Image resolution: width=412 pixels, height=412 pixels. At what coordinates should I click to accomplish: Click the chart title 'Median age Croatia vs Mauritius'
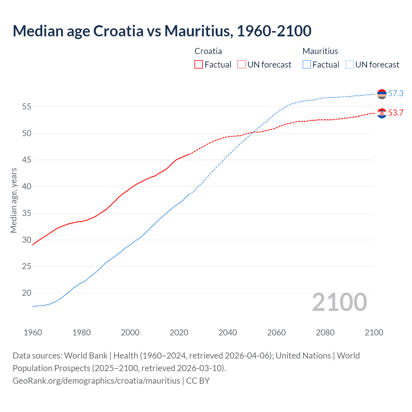(x=162, y=31)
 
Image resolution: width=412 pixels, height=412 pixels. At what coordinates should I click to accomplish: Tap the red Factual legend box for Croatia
(x=199, y=65)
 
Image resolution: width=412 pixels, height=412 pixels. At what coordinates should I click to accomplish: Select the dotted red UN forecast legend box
(x=241, y=65)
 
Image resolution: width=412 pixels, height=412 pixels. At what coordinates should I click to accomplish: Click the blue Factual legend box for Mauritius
(x=307, y=65)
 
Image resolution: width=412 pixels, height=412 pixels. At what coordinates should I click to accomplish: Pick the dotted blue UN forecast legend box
(x=350, y=65)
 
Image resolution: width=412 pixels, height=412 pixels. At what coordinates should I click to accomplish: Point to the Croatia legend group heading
(x=208, y=51)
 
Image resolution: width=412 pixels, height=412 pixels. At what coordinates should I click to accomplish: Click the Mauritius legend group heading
(x=320, y=51)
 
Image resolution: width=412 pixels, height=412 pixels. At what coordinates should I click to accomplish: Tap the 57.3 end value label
(x=396, y=93)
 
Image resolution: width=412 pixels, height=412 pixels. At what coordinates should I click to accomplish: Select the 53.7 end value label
(x=396, y=113)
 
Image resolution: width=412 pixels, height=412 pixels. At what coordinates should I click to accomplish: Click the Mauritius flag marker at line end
(x=382, y=94)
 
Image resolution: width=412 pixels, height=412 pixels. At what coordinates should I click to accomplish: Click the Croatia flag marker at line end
(x=382, y=113)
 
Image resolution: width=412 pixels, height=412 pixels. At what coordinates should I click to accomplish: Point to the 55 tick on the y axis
(x=27, y=107)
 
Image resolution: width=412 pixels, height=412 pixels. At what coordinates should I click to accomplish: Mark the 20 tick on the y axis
(x=27, y=293)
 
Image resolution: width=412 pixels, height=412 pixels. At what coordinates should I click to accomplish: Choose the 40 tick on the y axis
(x=27, y=186)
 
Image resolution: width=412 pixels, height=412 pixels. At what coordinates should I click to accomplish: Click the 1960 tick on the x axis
(x=33, y=332)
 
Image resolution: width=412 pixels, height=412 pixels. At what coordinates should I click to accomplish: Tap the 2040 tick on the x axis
(x=228, y=332)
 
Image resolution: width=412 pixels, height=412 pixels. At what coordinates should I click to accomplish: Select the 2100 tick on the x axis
(x=374, y=332)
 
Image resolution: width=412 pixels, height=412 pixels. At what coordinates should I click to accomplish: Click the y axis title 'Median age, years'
(x=14, y=200)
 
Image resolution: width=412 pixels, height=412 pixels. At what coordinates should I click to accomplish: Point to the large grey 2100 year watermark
(x=339, y=302)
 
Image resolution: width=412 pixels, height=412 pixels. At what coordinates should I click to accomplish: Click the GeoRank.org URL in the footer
(x=96, y=380)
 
